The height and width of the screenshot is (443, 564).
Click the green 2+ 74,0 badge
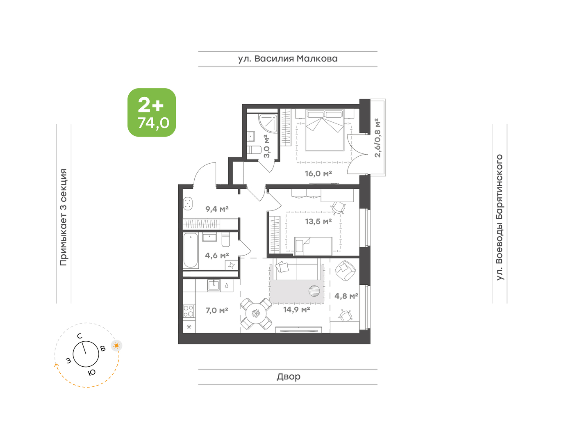click(x=152, y=112)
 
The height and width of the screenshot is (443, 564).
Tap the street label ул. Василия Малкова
click(x=288, y=59)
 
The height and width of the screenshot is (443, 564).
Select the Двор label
click(x=289, y=376)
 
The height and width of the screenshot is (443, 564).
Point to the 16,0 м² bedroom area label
click(x=318, y=174)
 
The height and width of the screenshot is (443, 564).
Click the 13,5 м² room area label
click(x=318, y=221)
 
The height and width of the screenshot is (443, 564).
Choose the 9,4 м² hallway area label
click(x=217, y=209)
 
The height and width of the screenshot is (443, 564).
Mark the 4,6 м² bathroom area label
click(x=217, y=256)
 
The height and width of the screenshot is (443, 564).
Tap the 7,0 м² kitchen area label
click(x=217, y=310)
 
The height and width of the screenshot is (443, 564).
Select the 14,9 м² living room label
click(x=297, y=310)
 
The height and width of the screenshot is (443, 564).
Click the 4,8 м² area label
click(x=346, y=296)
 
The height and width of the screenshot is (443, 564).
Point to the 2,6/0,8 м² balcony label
click(x=378, y=138)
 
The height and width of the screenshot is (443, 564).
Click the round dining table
click(x=256, y=314)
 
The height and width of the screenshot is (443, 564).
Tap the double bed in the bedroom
click(x=324, y=130)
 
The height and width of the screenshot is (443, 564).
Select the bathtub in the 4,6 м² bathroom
click(x=191, y=251)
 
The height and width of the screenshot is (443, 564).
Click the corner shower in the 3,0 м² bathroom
click(x=268, y=124)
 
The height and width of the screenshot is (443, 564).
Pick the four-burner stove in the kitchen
click(x=189, y=311)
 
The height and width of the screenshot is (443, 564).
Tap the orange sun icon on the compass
click(x=117, y=346)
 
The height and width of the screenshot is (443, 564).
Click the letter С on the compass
click(x=80, y=336)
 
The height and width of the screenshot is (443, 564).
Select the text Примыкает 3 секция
click(x=64, y=217)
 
